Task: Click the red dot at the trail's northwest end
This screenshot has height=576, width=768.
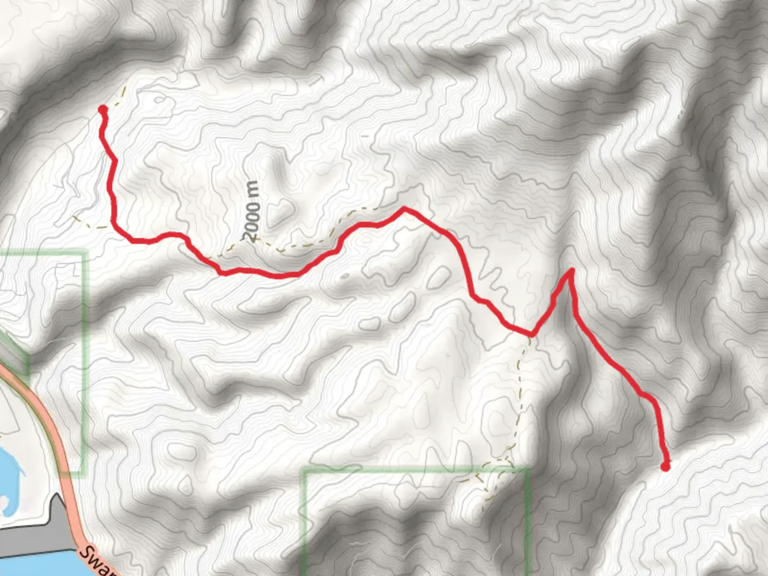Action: coord(102,109)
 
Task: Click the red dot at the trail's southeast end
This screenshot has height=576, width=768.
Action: coord(665,467)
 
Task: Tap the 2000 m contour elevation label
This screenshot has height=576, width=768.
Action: coord(252,211)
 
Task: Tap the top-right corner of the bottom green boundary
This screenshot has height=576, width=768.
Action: coord(529,469)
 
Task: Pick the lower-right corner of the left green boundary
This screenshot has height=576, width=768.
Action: coord(84,471)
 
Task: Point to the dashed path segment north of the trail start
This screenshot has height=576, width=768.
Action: coord(123,93)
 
